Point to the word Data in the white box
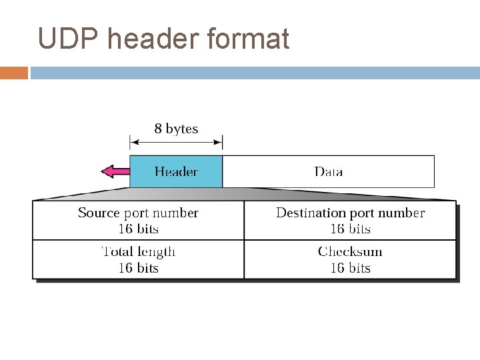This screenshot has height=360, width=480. [x=328, y=172]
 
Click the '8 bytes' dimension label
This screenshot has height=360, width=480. [x=176, y=129]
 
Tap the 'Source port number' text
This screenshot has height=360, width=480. [x=138, y=213]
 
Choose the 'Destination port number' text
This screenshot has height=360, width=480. [x=350, y=213]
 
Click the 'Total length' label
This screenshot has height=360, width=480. [x=138, y=251]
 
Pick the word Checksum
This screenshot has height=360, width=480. [x=350, y=251]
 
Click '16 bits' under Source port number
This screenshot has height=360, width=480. [x=138, y=229]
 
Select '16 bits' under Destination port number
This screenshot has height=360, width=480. [x=350, y=229]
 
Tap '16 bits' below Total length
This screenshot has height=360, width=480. [x=138, y=268]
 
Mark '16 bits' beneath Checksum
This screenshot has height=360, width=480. [x=350, y=268]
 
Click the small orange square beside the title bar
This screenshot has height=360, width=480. [x=13, y=73]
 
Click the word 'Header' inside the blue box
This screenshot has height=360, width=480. [x=176, y=172]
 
